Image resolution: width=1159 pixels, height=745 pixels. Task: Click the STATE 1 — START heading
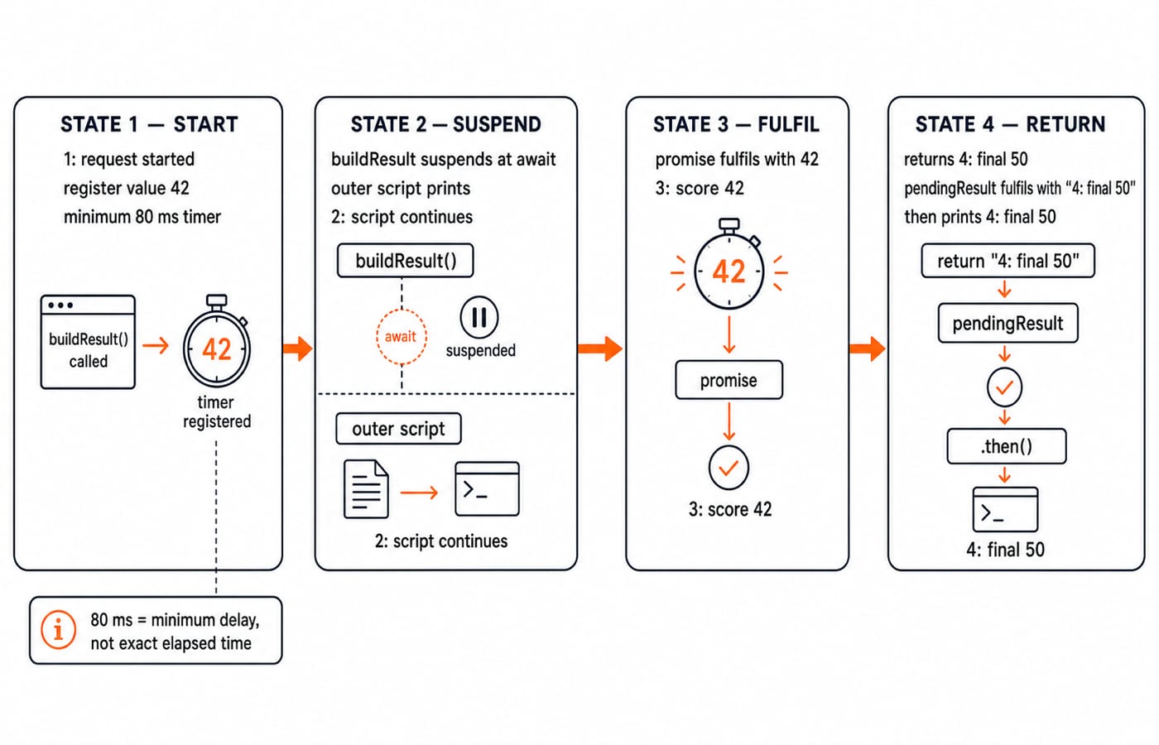pyautogui.click(x=149, y=125)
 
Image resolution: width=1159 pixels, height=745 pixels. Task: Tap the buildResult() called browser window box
pyautogui.click(x=88, y=342)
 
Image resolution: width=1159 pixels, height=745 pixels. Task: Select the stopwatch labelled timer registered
pyautogui.click(x=217, y=341)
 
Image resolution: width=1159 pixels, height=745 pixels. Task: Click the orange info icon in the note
pyautogui.click(x=59, y=630)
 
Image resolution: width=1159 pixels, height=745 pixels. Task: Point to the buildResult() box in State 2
pyautogui.click(x=405, y=261)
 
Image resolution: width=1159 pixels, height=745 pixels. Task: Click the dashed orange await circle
pyautogui.click(x=401, y=337)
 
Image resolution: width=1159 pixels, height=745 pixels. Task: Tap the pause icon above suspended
pyautogui.click(x=479, y=317)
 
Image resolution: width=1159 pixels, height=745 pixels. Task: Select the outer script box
pyautogui.click(x=398, y=429)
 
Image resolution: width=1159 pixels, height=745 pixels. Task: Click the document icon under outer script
pyautogui.click(x=366, y=489)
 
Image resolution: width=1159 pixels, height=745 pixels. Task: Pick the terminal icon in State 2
pyautogui.click(x=487, y=489)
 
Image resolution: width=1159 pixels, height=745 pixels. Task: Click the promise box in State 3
pyautogui.click(x=729, y=380)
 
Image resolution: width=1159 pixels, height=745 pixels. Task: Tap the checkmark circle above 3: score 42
pyautogui.click(x=729, y=468)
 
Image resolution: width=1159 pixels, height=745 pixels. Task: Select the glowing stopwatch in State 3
pyautogui.click(x=729, y=265)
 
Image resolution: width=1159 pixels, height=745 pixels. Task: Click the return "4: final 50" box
pyautogui.click(x=1008, y=261)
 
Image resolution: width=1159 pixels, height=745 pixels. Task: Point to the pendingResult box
pyautogui.click(x=1008, y=324)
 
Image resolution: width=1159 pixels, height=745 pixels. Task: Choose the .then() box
pyautogui.click(x=1007, y=446)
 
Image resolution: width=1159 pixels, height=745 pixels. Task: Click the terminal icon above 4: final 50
pyautogui.click(x=1005, y=510)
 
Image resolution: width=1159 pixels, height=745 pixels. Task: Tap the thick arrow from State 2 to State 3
pyautogui.click(x=600, y=348)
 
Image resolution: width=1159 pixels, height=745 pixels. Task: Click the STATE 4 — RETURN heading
pyautogui.click(x=1011, y=125)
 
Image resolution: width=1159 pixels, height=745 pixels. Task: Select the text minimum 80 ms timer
pyautogui.click(x=142, y=217)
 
